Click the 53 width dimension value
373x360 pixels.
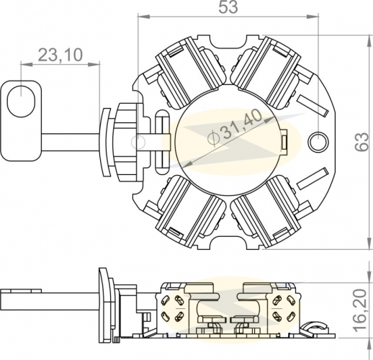point(228,7)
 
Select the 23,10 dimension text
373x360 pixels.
point(60,55)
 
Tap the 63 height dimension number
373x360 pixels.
point(361,142)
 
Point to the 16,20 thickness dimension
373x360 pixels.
point(361,311)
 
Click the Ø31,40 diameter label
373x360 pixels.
point(235,128)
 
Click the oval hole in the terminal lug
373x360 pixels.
point(21,101)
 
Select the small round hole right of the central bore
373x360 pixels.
point(318,142)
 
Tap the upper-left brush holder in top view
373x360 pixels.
point(191,72)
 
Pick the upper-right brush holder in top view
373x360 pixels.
point(266,71)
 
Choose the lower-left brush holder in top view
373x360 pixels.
point(191,212)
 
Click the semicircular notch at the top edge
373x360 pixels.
point(228,43)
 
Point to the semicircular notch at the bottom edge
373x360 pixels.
point(228,241)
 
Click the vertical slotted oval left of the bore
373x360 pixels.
point(162,142)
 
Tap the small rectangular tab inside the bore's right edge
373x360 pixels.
point(284,141)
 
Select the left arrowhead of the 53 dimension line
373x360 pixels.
point(143,17)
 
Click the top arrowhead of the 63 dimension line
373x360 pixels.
point(369,40)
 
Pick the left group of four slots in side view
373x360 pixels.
point(172,308)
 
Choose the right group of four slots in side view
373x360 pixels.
point(284,308)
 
